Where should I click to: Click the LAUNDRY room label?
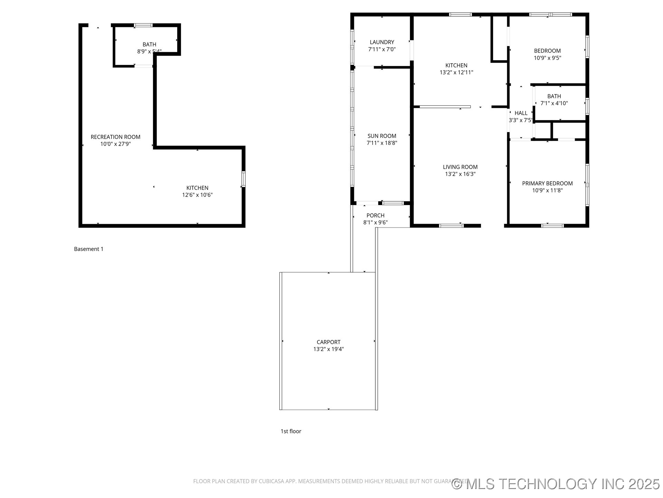[x=382, y=42]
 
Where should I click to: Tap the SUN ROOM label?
[x=382, y=136]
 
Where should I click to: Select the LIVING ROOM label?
[x=460, y=167]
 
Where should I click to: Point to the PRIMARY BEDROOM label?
[x=547, y=183]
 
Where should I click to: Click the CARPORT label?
[x=328, y=342]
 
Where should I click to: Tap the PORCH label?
[x=375, y=215]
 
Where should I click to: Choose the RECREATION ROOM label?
[x=115, y=137]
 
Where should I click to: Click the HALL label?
[x=521, y=113]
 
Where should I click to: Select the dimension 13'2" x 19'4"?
[x=328, y=349]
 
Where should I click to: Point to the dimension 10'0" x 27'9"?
[x=115, y=144]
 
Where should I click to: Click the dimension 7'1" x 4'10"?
[x=554, y=103]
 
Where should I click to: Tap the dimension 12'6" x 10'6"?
[x=197, y=195]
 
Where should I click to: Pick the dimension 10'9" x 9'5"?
[x=547, y=58]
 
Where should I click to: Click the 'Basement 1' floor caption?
[x=88, y=249]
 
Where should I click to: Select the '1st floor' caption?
[x=291, y=431]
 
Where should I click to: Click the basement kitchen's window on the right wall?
[x=243, y=179]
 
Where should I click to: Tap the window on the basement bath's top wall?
[x=143, y=25]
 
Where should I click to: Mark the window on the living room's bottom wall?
[x=451, y=226]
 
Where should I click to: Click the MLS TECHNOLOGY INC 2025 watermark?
[x=556, y=484]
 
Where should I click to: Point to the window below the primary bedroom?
[x=552, y=226]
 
